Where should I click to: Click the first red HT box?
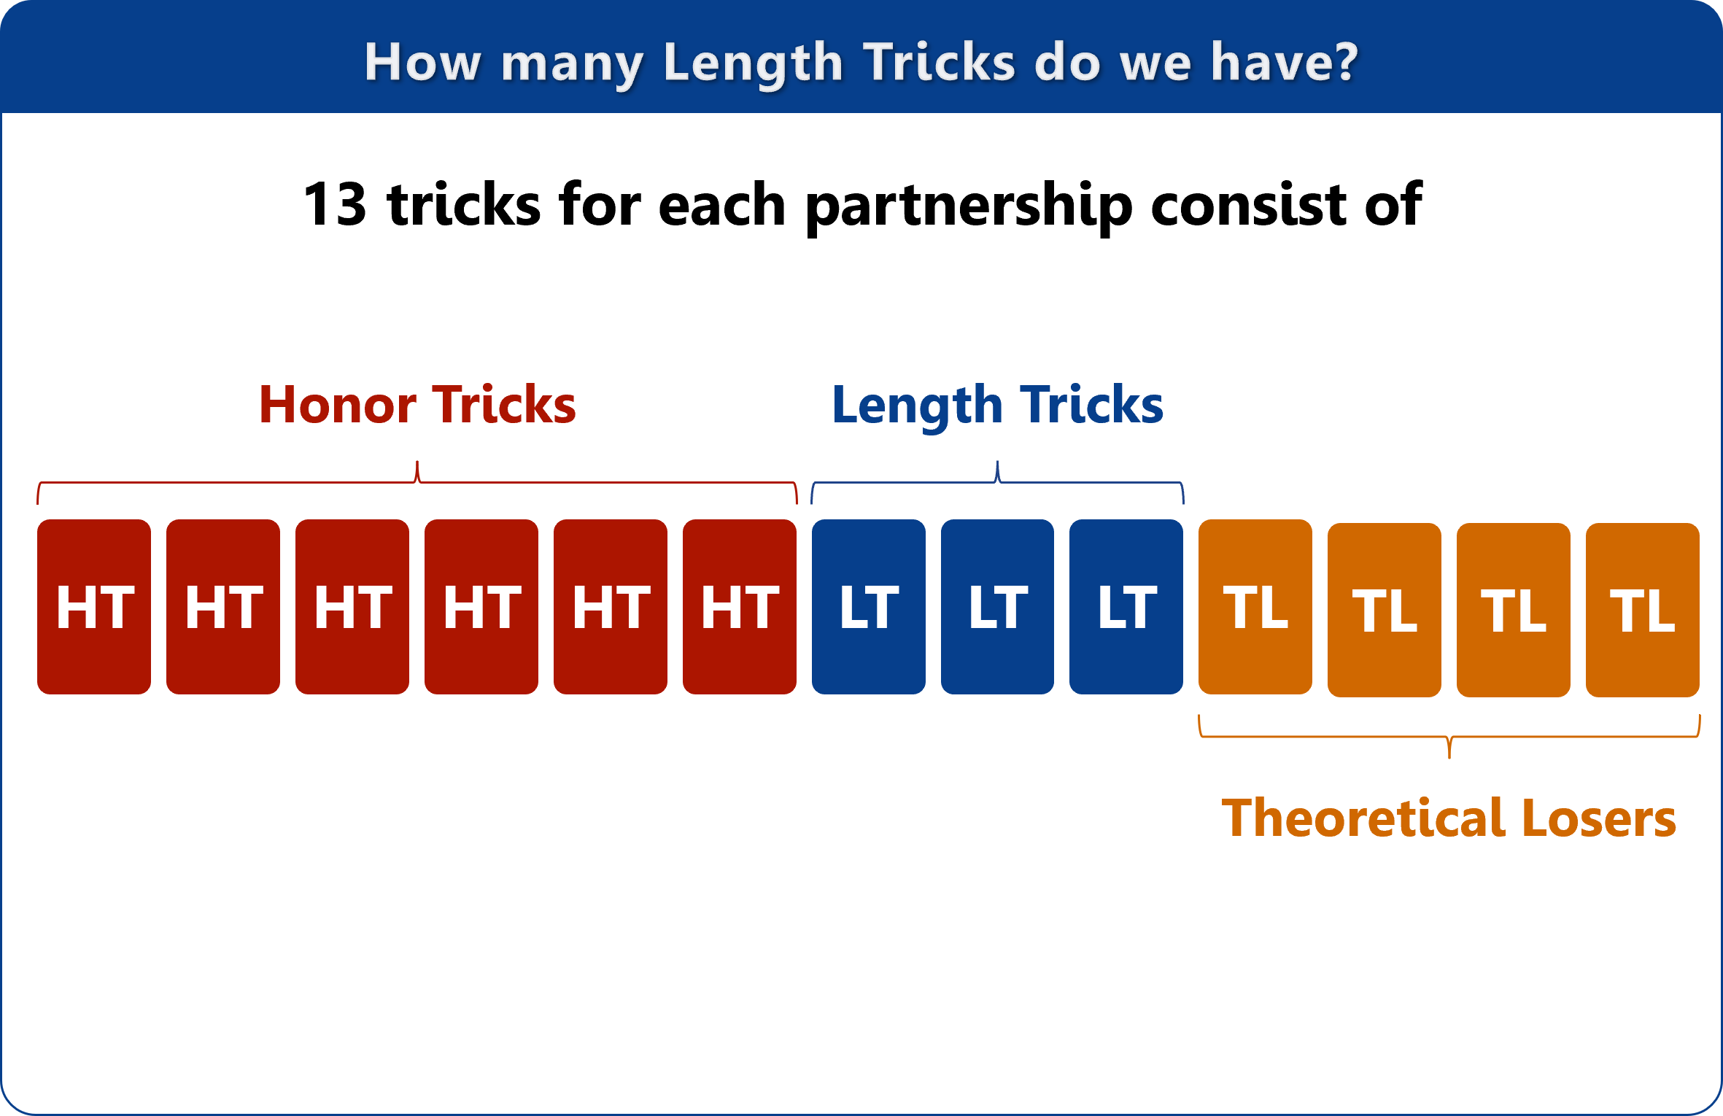[94, 607]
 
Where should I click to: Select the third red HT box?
[352, 607]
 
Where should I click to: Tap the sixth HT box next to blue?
[740, 607]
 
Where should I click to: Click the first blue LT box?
[869, 607]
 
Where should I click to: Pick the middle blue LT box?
[997, 607]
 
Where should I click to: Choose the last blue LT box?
[1126, 607]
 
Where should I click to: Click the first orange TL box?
[1255, 607]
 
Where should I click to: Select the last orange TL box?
[1643, 610]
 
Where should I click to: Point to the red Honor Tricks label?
[418, 405]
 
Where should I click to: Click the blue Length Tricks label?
[998, 406]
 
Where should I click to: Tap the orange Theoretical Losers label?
[1449, 818]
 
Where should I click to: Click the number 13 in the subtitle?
[335, 204]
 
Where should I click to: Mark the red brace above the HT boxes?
[417, 481]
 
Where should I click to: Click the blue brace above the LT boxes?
[997, 481]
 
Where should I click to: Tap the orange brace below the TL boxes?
[1449, 737]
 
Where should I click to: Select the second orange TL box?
[1385, 610]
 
